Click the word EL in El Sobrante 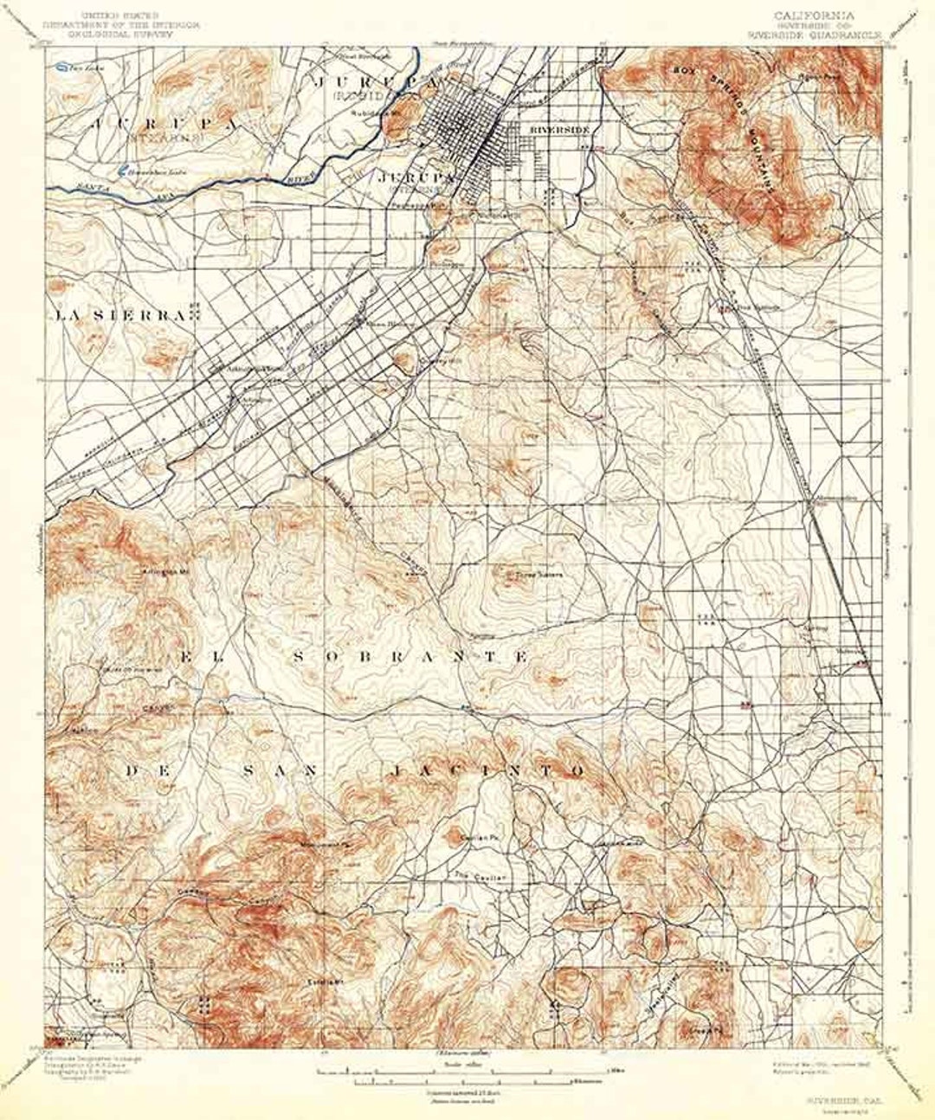pos(197,657)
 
